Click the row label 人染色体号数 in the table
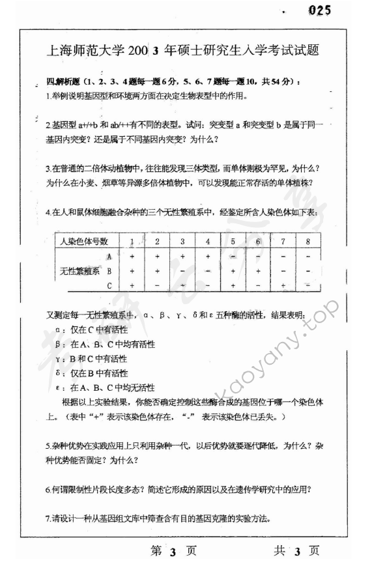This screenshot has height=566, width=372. click(x=84, y=242)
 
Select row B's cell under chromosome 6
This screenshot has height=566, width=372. click(x=258, y=270)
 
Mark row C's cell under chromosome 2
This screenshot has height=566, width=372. click(x=158, y=285)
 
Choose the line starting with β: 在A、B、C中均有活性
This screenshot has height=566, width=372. click(x=98, y=344)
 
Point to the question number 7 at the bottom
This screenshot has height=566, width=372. click(x=48, y=518)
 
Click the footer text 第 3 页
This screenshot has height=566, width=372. click(x=173, y=551)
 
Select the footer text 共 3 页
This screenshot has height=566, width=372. click(x=296, y=551)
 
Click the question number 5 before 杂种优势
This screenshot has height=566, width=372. click(x=48, y=447)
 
